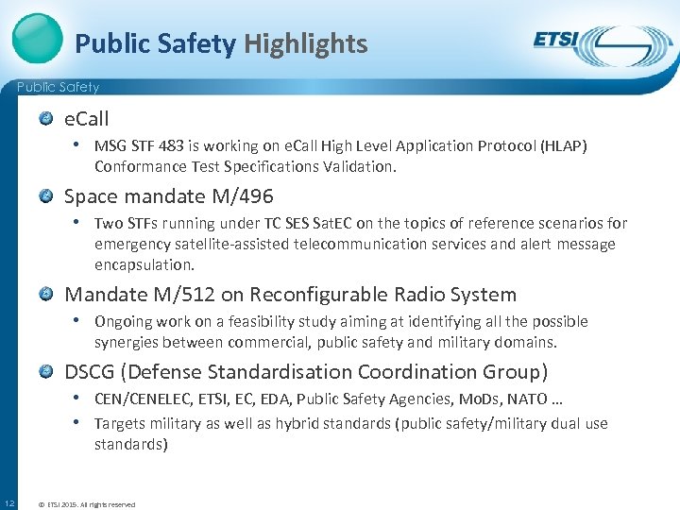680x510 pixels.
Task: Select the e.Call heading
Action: (x=86, y=119)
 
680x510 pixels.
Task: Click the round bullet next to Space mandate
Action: (x=46, y=196)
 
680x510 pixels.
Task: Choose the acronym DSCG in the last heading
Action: (x=91, y=372)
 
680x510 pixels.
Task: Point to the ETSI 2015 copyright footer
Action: (x=86, y=504)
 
